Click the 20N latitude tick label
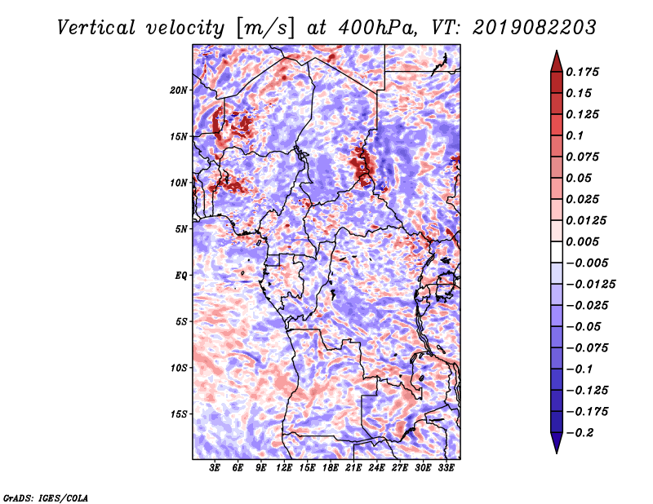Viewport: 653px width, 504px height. click(178, 91)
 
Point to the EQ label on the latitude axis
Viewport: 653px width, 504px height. click(180, 276)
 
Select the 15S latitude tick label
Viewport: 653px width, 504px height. click(178, 414)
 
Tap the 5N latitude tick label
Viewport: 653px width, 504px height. click(180, 229)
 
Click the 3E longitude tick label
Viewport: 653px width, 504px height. click(215, 468)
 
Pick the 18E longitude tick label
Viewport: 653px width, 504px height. click(331, 468)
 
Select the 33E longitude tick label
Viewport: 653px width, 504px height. click(446, 468)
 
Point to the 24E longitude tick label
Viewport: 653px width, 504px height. click(376, 468)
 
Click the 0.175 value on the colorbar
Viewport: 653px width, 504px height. click(582, 72)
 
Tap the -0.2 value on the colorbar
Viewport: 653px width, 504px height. click(580, 433)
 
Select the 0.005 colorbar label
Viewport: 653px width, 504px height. click(582, 241)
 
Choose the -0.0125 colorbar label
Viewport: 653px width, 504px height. click(590, 285)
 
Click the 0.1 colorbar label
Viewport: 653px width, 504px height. click(575, 135)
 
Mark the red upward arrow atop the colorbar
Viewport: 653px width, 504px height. click(557, 61)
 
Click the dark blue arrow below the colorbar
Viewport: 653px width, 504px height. click(557, 443)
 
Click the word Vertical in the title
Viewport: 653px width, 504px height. click(96, 28)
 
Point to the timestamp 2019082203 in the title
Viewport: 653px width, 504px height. click(535, 28)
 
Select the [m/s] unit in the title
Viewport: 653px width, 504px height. click(265, 29)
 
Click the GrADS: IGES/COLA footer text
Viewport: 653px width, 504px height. click(46, 497)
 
